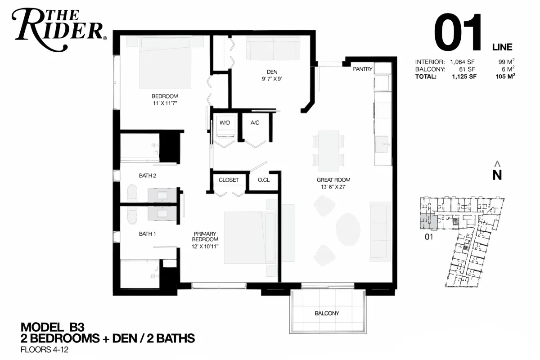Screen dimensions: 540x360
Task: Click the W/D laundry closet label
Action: pyautogui.click(x=225, y=123)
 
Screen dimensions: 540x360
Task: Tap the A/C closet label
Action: pyautogui.click(x=255, y=123)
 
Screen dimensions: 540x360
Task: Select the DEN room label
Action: pyautogui.click(x=272, y=72)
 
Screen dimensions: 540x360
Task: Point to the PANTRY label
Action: pyautogui.click(x=363, y=69)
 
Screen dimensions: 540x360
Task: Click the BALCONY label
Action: pyautogui.click(x=327, y=313)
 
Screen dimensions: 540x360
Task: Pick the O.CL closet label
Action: pyautogui.click(x=264, y=180)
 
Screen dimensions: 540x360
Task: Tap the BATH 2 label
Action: pyautogui.click(x=148, y=176)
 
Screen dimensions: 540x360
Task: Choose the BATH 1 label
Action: pyautogui.click(x=147, y=234)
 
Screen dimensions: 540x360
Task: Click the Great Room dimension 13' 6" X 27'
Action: pyautogui.click(x=333, y=187)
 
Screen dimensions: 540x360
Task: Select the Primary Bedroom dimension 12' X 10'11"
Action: pyautogui.click(x=205, y=247)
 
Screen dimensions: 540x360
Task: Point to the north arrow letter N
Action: pyautogui.click(x=497, y=175)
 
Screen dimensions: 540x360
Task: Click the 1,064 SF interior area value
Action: pyautogui.click(x=463, y=62)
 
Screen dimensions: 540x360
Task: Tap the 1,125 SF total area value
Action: pyautogui.click(x=464, y=76)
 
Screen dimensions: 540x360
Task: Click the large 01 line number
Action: pyautogui.click(x=458, y=32)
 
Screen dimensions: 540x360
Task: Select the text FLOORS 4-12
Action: pyautogui.click(x=45, y=350)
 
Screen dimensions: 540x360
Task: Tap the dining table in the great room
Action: pyautogui.click(x=328, y=151)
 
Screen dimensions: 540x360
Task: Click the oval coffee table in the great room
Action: pyautogui.click(x=348, y=229)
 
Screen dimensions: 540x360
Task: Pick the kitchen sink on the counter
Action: pyautogui.click(x=382, y=144)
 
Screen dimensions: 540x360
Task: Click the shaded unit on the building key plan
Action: pyautogui.click(x=428, y=221)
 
